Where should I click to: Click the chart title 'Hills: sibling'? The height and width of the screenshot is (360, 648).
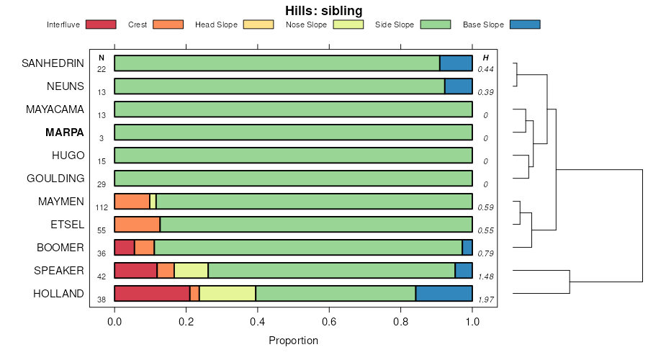click(x=323, y=10)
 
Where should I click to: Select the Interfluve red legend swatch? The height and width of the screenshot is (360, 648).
click(x=101, y=24)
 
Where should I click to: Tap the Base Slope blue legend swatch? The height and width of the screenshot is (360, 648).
click(x=525, y=24)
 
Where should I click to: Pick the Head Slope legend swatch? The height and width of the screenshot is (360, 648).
click(x=258, y=24)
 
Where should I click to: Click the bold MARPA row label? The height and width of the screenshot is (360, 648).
click(x=65, y=132)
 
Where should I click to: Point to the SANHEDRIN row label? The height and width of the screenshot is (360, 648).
click(x=53, y=63)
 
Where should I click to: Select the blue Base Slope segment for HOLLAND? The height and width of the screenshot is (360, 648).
click(x=444, y=294)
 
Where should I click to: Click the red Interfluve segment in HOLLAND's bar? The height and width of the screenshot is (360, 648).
click(x=152, y=294)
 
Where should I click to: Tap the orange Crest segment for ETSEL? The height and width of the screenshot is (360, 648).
click(x=138, y=225)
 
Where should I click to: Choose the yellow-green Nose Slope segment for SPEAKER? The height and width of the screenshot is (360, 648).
click(x=191, y=270)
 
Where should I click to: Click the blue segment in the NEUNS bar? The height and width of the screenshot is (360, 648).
click(x=459, y=86)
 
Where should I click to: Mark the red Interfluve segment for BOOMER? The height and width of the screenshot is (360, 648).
click(x=125, y=248)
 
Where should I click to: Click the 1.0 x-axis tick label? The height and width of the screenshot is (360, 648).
click(x=472, y=322)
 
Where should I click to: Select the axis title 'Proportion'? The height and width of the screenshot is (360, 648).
click(x=294, y=341)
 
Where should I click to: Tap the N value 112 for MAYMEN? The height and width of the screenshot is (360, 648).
click(x=102, y=207)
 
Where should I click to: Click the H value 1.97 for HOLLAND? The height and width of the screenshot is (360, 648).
click(x=486, y=300)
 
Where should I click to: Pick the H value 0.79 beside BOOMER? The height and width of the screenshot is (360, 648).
click(x=485, y=253)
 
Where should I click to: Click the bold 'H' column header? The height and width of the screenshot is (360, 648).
click(x=486, y=58)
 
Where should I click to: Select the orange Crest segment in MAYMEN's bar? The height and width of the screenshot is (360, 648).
click(x=132, y=202)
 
